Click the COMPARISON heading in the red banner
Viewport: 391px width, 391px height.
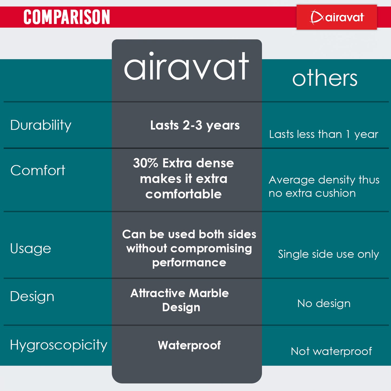tap(67, 17)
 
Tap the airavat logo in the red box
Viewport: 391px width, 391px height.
tap(337, 17)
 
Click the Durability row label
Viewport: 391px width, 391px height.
tap(41, 125)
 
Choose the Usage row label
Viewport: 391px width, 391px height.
tap(31, 249)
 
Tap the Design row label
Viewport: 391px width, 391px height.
tap(32, 297)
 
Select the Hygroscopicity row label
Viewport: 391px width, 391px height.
tap(59, 345)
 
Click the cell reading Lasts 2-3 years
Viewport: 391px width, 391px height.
tap(195, 125)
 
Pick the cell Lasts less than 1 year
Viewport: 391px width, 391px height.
tap(324, 134)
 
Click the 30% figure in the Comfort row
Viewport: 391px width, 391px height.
tap(146, 163)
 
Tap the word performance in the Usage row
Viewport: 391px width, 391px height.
tap(189, 263)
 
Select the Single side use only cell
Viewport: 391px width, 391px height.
tap(328, 254)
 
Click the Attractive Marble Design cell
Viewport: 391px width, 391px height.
tap(180, 300)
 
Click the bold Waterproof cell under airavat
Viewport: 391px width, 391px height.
tap(189, 345)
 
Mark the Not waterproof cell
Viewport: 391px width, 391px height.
tap(331, 351)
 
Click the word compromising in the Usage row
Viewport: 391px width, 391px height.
tap(211, 249)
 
